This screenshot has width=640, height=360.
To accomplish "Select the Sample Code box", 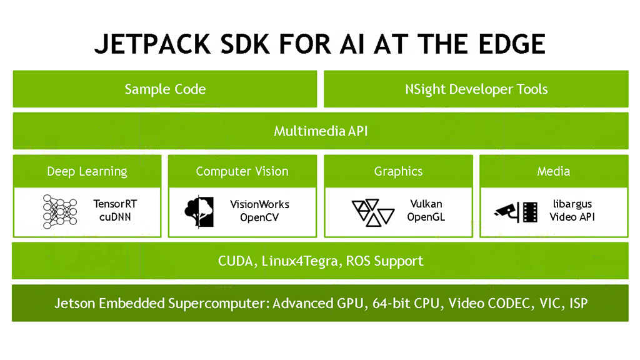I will coord(165,89).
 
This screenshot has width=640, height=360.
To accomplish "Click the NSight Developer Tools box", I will coord(476,89).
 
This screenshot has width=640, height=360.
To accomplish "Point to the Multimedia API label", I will coord(320,131).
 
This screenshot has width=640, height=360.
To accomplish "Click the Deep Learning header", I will coord(87,171).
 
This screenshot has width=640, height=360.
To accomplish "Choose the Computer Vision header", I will coord(242,171).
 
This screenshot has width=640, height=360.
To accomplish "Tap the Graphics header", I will coord(398,171).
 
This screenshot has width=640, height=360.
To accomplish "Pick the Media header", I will coord(553,171).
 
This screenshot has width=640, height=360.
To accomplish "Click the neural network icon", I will coord(59,211).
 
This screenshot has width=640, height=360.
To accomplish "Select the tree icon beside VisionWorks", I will coord(199,211).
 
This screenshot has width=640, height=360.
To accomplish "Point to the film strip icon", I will coord(530,212).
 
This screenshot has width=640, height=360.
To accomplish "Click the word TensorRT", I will coord(114,204).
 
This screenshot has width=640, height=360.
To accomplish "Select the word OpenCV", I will coord(260,217).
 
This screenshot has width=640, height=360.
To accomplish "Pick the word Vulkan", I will coord(426,204).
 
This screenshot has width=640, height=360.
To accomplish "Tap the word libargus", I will coord(571,204).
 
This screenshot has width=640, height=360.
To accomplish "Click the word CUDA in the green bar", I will coord(235,261).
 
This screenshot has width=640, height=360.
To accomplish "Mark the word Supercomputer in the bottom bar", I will coord(218,304).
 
